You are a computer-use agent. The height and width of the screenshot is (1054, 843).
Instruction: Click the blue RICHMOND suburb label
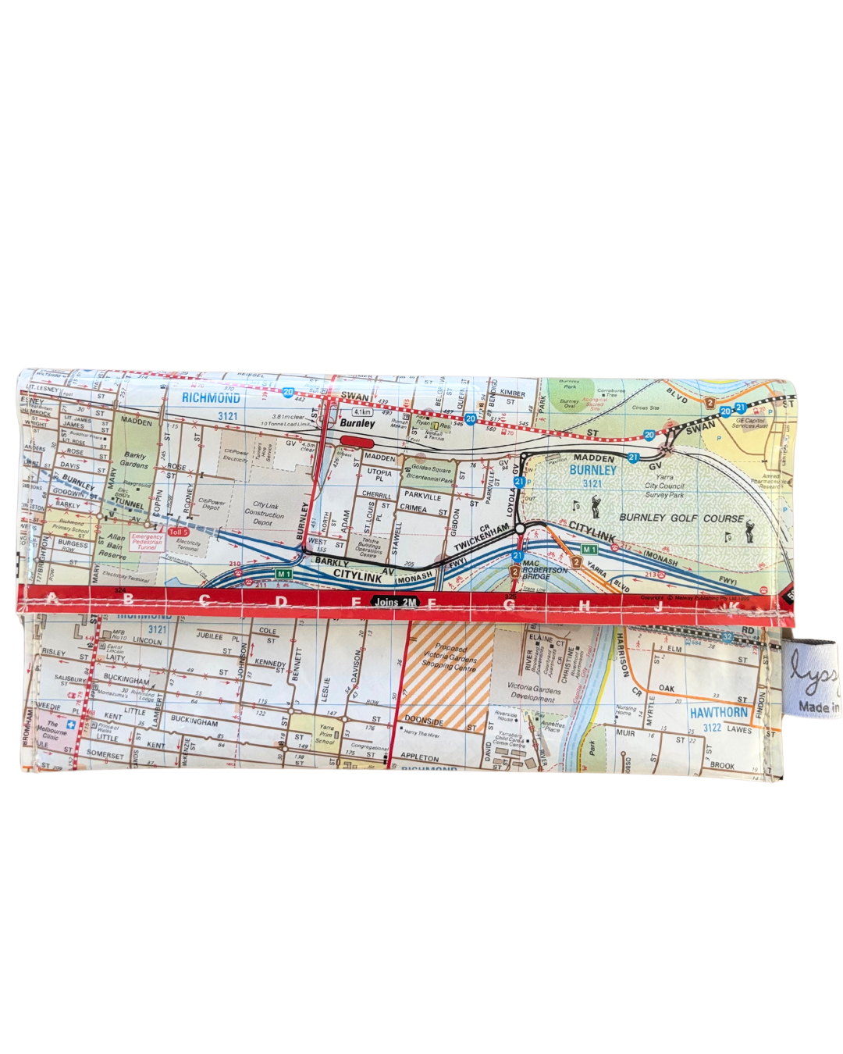(x=211, y=398)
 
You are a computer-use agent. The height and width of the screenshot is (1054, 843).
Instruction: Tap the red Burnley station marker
(x=357, y=441)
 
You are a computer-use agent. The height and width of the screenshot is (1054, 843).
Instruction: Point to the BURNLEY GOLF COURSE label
(x=681, y=518)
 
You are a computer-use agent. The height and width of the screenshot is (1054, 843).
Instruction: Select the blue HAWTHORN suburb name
(x=718, y=713)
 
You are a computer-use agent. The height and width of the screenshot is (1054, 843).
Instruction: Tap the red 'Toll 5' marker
(x=179, y=532)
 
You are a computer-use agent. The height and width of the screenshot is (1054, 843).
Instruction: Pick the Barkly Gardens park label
(x=134, y=460)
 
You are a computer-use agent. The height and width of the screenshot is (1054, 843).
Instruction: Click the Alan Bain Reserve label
(x=114, y=546)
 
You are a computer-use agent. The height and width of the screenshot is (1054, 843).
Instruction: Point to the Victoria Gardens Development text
(x=534, y=693)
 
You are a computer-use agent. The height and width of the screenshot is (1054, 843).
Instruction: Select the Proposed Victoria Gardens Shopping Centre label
(x=450, y=657)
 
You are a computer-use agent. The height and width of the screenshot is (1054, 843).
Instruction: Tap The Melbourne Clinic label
(x=52, y=730)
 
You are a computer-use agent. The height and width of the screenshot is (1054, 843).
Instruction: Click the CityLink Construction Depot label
(x=265, y=514)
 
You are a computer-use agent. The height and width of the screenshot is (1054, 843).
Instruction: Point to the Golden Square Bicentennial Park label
(x=430, y=474)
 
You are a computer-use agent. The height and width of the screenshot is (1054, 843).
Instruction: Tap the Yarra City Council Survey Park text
(x=664, y=486)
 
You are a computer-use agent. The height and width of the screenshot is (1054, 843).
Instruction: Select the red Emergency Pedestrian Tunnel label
(x=147, y=542)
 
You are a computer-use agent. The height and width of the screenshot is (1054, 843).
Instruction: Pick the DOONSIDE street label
(x=424, y=721)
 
